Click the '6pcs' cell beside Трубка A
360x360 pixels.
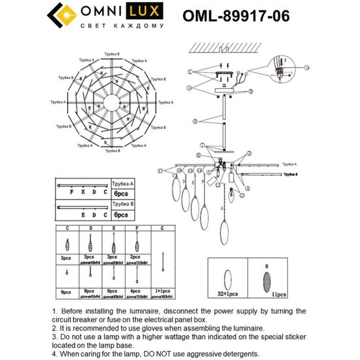(121, 194)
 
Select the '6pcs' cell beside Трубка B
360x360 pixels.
(121, 215)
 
